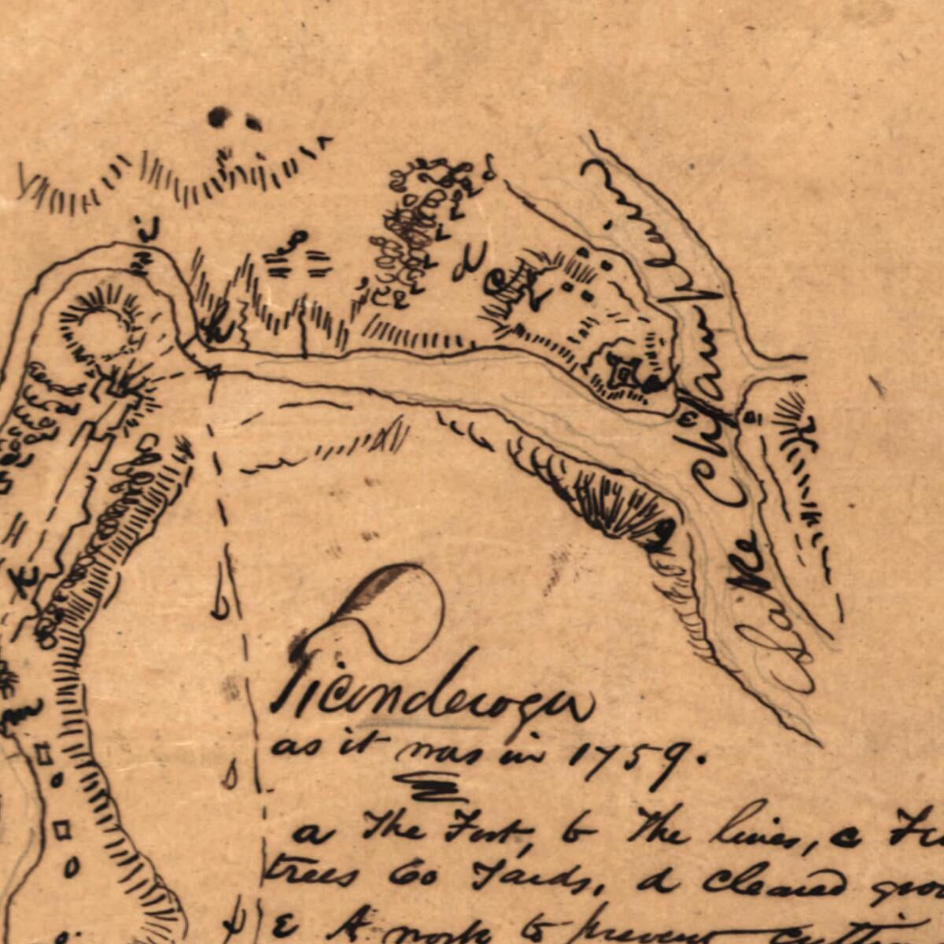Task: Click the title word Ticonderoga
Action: click(x=433, y=692)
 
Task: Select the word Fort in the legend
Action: click(x=489, y=830)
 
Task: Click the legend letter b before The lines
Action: click(x=570, y=830)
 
